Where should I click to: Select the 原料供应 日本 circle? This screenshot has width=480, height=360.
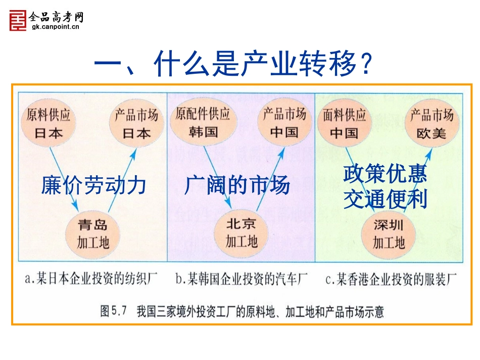49,124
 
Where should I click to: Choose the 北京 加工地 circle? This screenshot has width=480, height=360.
241,232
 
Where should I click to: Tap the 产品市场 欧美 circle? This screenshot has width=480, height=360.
431,124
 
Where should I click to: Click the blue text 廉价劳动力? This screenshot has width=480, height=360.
94,185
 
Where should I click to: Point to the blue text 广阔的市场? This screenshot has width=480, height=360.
237,185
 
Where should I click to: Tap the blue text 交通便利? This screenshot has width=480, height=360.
385,199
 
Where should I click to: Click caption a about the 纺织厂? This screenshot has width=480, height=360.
88,279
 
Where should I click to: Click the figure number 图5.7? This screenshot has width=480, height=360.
116,311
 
